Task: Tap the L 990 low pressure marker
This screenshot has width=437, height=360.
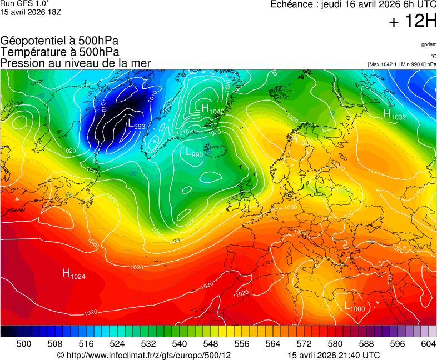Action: pos(194,153)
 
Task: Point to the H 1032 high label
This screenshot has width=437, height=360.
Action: pos(394,115)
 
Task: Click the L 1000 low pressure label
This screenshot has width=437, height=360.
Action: pos(354,307)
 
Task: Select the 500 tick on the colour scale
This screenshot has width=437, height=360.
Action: pos(24,344)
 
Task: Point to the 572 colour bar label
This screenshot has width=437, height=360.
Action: pos(304,344)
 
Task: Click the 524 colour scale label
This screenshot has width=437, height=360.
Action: pos(117,344)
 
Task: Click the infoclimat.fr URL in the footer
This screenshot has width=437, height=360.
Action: pos(144,355)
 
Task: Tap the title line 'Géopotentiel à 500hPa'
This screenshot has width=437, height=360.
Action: pos(59,41)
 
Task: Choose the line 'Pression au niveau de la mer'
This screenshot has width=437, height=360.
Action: pos(76,63)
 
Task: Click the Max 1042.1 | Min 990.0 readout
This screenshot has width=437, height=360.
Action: pos(402,64)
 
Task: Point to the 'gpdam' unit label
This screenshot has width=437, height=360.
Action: pos(429,44)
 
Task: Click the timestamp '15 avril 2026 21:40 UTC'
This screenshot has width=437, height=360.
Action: pos(334,355)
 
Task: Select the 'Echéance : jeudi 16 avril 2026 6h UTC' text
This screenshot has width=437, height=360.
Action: pos(353,4)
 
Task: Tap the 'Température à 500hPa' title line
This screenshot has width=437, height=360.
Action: pos(59,52)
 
